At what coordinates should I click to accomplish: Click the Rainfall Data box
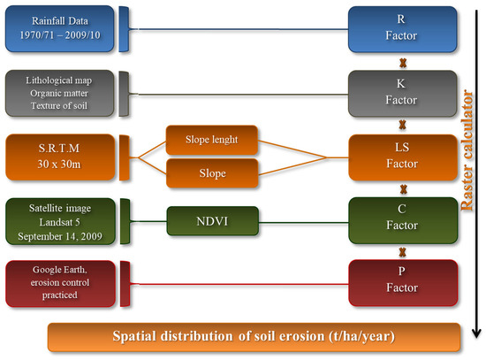click(59, 28)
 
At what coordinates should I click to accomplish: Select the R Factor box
click(402, 29)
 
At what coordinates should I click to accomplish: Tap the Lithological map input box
click(59, 93)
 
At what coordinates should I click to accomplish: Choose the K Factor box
click(402, 94)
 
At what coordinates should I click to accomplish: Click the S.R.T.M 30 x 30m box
click(60, 157)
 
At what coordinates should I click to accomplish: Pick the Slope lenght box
click(212, 140)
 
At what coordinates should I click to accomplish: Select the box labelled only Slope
click(212, 173)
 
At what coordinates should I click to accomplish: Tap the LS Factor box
click(403, 157)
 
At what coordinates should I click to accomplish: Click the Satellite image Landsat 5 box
click(60, 221)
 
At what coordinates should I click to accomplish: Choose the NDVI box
click(213, 221)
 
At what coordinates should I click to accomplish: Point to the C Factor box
click(403, 220)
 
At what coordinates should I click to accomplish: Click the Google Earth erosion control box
click(60, 284)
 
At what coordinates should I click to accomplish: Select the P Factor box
click(403, 283)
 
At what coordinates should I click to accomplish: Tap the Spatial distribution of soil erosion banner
click(254, 337)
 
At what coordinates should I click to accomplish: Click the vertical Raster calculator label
click(467, 150)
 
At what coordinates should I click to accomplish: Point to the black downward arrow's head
click(476, 333)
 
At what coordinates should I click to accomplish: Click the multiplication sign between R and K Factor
click(403, 63)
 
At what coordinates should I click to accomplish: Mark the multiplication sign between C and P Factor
click(403, 252)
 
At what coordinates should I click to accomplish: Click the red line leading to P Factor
click(239, 284)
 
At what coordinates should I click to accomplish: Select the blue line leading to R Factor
click(239, 29)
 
